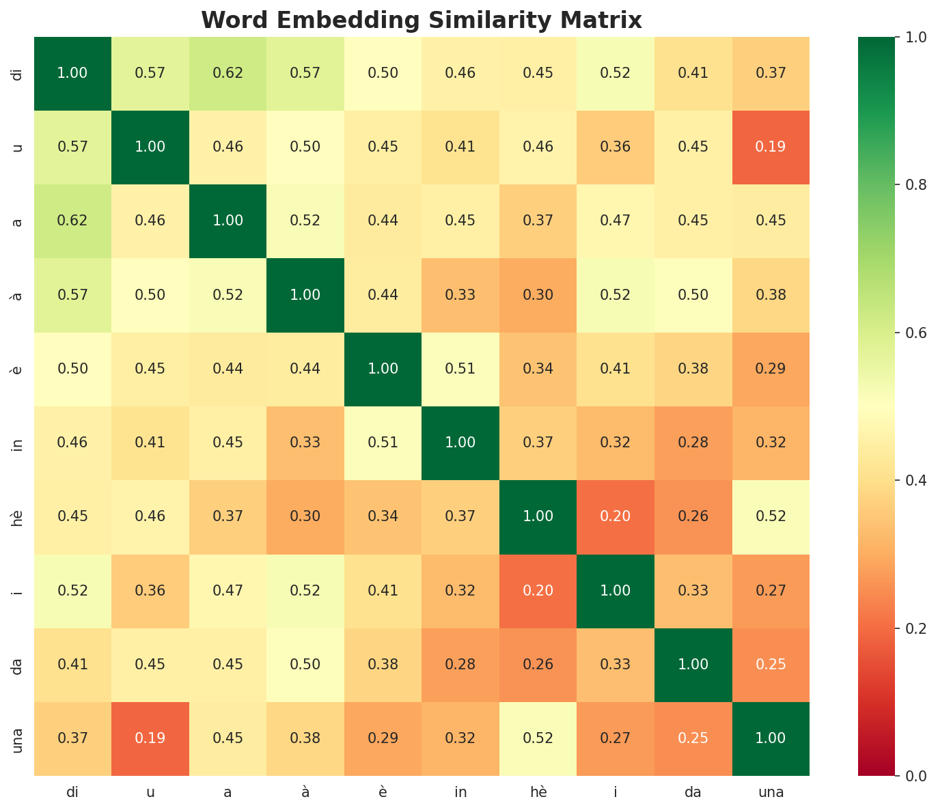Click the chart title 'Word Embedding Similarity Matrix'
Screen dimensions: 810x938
tap(422, 20)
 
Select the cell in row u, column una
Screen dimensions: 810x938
tap(771, 147)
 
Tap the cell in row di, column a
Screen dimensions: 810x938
tap(227, 73)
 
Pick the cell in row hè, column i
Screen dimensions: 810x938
tap(616, 517)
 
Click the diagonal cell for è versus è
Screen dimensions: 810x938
tap(383, 369)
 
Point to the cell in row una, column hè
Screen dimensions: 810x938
tap(538, 738)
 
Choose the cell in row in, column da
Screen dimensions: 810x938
tap(693, 443)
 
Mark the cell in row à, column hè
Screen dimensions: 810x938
tap(538, 295)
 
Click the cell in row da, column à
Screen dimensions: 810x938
tap(305, 665)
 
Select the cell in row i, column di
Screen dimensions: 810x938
tap(72, 591)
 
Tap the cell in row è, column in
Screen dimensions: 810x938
tap(460, 369)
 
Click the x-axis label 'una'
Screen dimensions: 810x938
tap(771, 793)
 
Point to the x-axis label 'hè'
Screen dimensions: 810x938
tap(538, 793)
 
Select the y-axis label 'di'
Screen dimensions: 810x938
tap(18, 73)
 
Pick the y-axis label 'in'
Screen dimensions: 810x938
tap(18, 443)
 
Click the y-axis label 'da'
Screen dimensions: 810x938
tap(18, 665)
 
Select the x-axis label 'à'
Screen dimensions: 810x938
tap(305, 793)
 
